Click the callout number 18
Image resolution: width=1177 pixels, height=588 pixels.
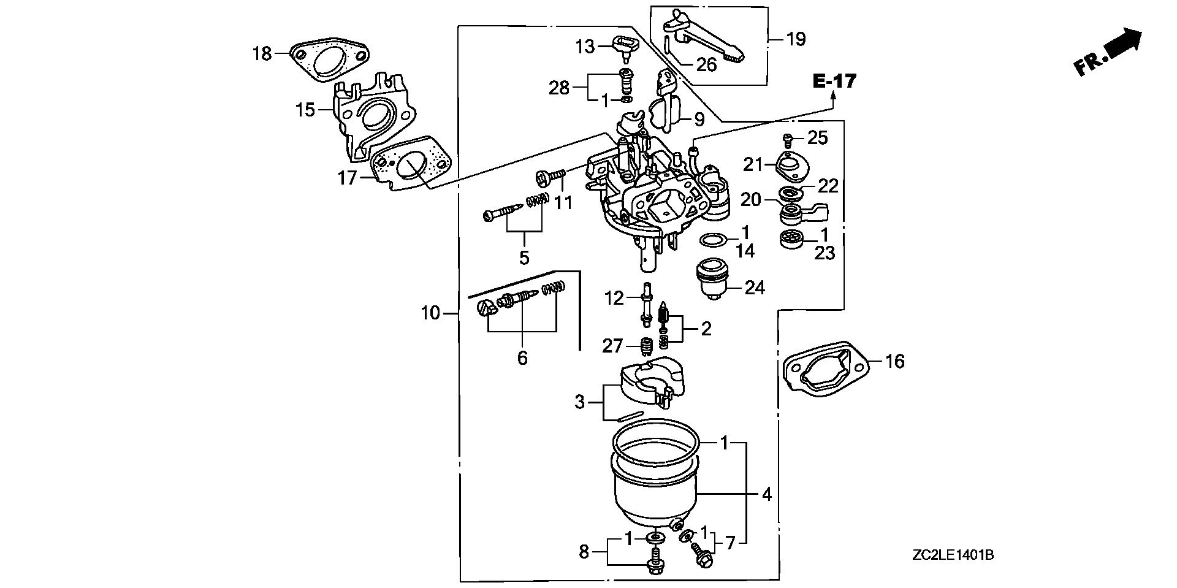point(262,54)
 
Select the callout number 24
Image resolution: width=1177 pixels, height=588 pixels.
point(755,288)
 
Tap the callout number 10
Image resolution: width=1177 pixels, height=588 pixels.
point(430,313)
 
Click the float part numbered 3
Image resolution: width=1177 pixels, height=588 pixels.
point(650,380)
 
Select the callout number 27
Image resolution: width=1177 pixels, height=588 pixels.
point(612,346)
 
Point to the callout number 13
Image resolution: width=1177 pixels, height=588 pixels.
point(585,46)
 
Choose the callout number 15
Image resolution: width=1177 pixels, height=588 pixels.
point(305,110)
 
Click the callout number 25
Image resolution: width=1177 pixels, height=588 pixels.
point(818,138)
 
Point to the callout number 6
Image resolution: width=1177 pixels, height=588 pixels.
point(522,357)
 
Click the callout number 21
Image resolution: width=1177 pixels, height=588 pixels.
point(752,164)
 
